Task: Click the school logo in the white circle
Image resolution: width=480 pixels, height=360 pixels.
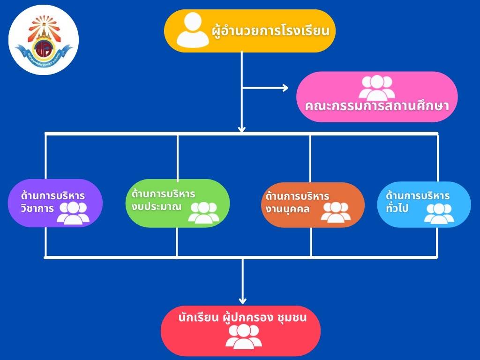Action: [x=43, y=40]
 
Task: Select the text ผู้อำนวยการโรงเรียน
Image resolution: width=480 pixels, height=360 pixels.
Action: [x=270, y=32]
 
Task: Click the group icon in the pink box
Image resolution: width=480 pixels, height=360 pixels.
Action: [x=376, y=87]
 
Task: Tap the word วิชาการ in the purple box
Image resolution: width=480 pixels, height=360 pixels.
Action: [x=37, y=208]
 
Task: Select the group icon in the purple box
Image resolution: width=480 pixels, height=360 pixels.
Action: [x=73, y=213]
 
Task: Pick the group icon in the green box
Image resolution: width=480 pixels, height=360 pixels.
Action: [x=203, y=212]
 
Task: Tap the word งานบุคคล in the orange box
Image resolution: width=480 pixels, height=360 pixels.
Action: [x=287, y=209]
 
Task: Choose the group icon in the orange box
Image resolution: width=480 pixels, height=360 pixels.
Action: [x=336, y=212]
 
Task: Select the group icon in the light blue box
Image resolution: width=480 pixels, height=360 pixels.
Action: [x=438, y=213]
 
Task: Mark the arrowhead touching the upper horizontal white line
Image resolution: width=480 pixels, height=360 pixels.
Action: [x=242, y=128]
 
